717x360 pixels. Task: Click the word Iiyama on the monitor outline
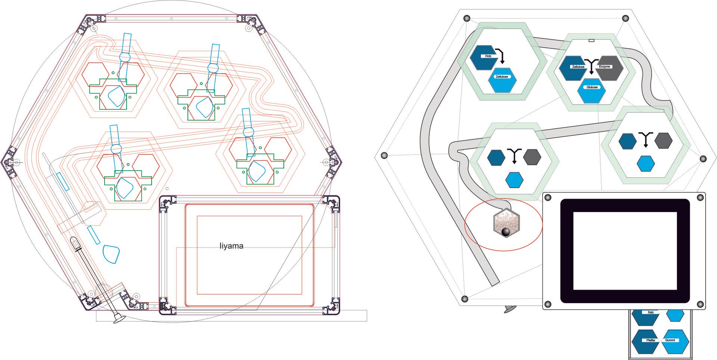point(231,246)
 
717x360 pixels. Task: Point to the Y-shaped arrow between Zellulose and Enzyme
point(591,66)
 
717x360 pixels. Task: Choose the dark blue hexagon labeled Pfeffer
point(645,341)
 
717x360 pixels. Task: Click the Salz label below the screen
point(651,312)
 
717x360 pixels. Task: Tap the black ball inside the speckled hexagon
point(506,232)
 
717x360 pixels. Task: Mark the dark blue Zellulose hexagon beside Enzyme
point(573,68)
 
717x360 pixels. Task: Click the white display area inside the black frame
point(625,251)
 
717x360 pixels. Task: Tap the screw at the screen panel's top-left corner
point(549,198)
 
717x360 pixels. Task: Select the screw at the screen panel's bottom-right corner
point(700,304)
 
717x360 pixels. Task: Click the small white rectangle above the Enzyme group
point(592,40)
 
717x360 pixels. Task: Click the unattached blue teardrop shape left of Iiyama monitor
point(111,254)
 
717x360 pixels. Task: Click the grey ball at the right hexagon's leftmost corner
point(384,155)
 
